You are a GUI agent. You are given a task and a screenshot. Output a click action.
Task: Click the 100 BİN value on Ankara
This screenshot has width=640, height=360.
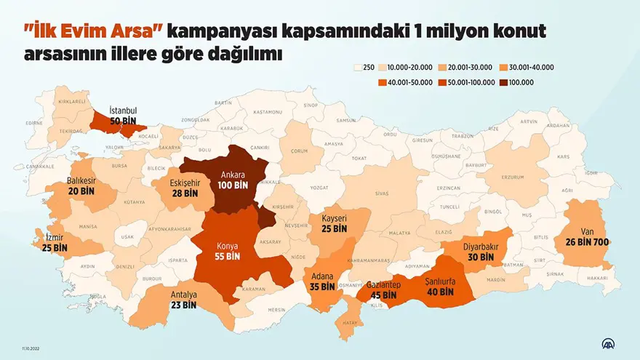pyautogui.click(x=233, y=185)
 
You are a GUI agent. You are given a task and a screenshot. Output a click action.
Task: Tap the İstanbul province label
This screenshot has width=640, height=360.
pyautogui.click(x=124, y=109)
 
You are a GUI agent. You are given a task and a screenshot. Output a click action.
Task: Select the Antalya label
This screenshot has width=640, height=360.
pyautogui.click(x=184, y=295)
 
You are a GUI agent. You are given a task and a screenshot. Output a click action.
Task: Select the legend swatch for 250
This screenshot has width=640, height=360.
pyautogui.click(x=356, y=67)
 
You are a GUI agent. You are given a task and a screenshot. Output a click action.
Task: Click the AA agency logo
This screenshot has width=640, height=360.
pyautogui.click(x=607, y=343)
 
